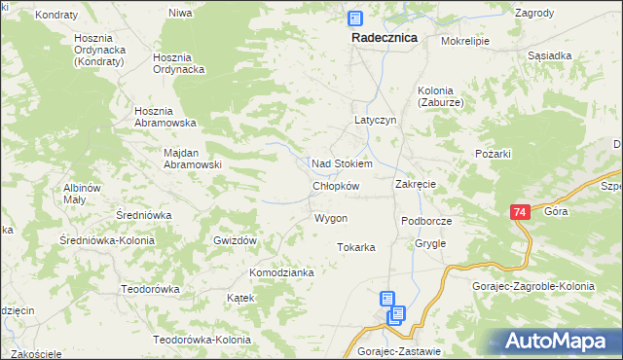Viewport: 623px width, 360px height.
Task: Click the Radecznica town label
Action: [384, 37]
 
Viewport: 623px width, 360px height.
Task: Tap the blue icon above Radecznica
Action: [355, 18]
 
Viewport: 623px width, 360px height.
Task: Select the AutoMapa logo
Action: [563, 341]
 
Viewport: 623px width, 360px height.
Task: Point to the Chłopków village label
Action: [336, 186]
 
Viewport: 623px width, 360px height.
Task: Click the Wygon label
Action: [331, 218]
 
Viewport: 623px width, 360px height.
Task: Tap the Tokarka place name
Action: [356, 247]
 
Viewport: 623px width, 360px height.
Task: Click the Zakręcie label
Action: [415, 184]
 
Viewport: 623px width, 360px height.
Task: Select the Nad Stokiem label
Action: [341, 164]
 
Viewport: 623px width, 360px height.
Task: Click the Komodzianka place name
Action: [281, 272]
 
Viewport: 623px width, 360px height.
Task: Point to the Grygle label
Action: [429, 243]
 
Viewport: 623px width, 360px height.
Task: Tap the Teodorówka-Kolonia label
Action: [202, 340]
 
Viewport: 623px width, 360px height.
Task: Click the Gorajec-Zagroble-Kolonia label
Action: [545, 286]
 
